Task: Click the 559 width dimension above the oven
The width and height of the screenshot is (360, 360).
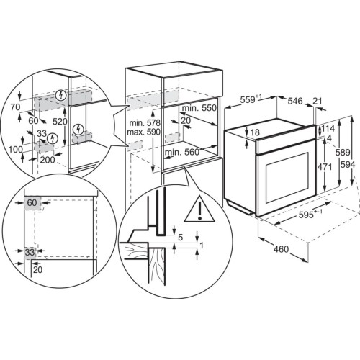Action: click(251, 99)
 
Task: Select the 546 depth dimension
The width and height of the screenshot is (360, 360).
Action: click(295, 101)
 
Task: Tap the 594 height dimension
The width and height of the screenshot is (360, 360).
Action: click(348, 164)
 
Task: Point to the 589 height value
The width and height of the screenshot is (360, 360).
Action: click(343, 152)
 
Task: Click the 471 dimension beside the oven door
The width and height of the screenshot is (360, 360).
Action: click(325, 167)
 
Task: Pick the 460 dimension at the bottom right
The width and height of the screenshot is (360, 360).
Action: click(281, 249)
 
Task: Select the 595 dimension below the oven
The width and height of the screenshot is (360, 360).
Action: click(310, 214)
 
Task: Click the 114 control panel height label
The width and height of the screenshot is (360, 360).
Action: click(328, 129)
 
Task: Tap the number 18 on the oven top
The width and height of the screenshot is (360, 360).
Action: click(255, 132)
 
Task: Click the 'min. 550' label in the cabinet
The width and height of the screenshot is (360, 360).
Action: click(199, 108)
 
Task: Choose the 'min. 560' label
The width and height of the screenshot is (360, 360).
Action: click(182, 152)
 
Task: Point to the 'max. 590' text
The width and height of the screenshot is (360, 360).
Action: click(143, 132)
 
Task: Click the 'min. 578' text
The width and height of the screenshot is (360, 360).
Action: click(145, 123)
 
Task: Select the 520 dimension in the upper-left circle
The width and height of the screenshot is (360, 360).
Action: click(60, 122)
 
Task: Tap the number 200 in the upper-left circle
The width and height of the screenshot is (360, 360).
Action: click(48, 160)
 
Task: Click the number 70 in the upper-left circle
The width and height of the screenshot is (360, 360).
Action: click(15, 107)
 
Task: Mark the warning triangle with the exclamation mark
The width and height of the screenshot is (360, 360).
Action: click(199, 209)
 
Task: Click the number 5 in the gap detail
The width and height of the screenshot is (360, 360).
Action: click(181, 238)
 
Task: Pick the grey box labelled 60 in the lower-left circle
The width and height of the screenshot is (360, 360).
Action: click(32, 203)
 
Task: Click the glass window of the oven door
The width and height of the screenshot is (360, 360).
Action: click(287, 178)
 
